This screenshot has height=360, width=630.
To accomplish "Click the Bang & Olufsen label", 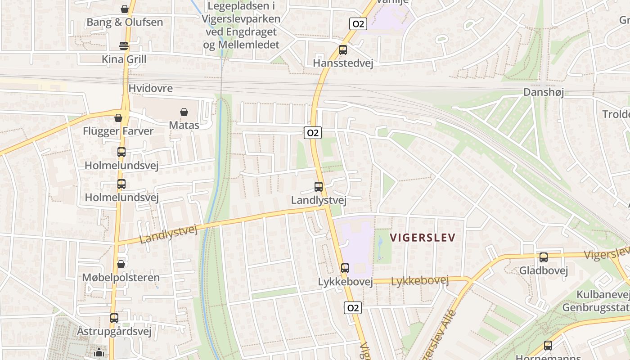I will [125, 22].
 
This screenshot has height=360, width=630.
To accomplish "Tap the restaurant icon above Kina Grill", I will [124, 45].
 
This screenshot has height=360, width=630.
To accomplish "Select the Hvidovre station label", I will [151, 88].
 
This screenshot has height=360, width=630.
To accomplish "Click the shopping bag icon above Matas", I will [184, 112].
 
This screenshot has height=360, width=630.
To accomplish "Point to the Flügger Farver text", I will [118, 131].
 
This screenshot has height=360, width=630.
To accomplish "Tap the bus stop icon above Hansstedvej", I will [343, 50].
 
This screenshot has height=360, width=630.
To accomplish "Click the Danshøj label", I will [543, 92].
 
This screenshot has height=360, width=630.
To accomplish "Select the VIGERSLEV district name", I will [423, 238].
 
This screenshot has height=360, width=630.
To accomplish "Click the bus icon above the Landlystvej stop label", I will [319, 186].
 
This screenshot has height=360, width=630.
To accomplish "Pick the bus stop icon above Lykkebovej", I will [345, 268].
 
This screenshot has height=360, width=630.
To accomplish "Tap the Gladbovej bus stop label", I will [544, 270].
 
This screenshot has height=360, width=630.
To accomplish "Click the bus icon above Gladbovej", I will [544, 257].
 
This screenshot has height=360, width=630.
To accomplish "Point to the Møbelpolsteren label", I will [121, 277].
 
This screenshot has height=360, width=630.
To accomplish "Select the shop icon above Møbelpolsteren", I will [121, 264].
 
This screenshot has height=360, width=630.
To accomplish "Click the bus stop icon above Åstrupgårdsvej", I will [114, 318].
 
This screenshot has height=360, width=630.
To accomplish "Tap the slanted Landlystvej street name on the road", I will [169, 234].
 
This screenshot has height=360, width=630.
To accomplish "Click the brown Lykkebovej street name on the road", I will [420, 281].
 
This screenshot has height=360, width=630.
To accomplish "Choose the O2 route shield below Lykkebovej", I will [353, 308].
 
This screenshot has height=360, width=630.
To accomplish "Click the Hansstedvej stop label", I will [343, 63].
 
